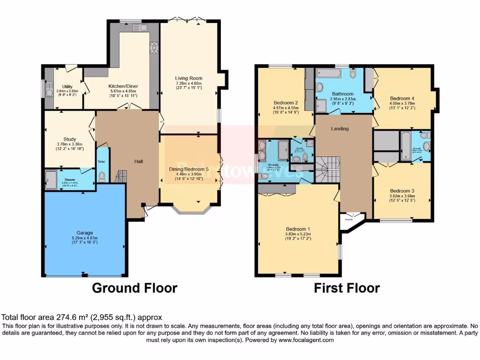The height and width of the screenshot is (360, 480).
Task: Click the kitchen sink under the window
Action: tap(140, 28)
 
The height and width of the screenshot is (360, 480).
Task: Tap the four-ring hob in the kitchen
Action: tap(154, 47)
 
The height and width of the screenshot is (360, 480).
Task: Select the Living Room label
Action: tap(188, 78)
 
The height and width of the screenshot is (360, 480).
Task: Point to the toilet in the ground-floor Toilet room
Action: tap(102, 177)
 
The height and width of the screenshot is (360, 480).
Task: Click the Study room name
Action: tap(70, 139)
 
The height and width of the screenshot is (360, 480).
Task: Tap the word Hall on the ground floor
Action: tap(139, 162)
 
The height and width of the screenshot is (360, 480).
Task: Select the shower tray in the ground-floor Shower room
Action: tap(51, 179)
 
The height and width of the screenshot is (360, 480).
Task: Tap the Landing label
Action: tap(340, 128)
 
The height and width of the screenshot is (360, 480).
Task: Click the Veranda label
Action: tap(349, 219)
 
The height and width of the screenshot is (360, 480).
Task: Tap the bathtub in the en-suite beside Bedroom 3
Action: tap(406, 146)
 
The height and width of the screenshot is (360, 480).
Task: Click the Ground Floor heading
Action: tap(135, 287)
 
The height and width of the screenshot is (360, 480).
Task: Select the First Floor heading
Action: tap(346, 287)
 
